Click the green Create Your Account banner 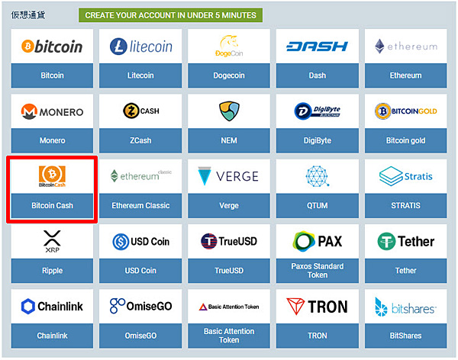(170, 15)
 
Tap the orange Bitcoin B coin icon (27, 46)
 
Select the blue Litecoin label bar (140, 76)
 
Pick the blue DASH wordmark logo (318, 46)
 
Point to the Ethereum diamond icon (379, 46)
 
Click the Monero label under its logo (52, 140)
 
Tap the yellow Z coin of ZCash (131, 111)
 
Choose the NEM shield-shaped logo (229, 111)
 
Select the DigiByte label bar (318, 140)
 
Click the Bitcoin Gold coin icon (382, 111)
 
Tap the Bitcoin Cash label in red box (52, 205)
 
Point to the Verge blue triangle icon (205, 176)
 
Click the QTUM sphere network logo (318, 176)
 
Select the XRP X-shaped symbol (52, 238)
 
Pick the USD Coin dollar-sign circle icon (121, 242)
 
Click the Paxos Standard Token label (318, 270)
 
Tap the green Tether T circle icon (386, 241)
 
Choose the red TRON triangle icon (295, 307)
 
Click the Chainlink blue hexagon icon (28, 307)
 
